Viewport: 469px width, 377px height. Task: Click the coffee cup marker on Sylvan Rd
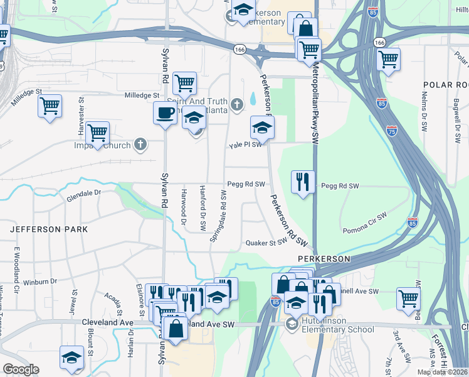(166, 113)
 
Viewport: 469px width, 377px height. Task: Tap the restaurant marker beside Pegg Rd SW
(303, 182)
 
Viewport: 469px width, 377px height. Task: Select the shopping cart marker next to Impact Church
(98, 133)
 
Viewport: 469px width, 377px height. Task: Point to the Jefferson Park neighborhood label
(49, 230)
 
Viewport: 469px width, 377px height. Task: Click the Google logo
(21, 370)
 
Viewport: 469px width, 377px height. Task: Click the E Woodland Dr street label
(18, 266)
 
